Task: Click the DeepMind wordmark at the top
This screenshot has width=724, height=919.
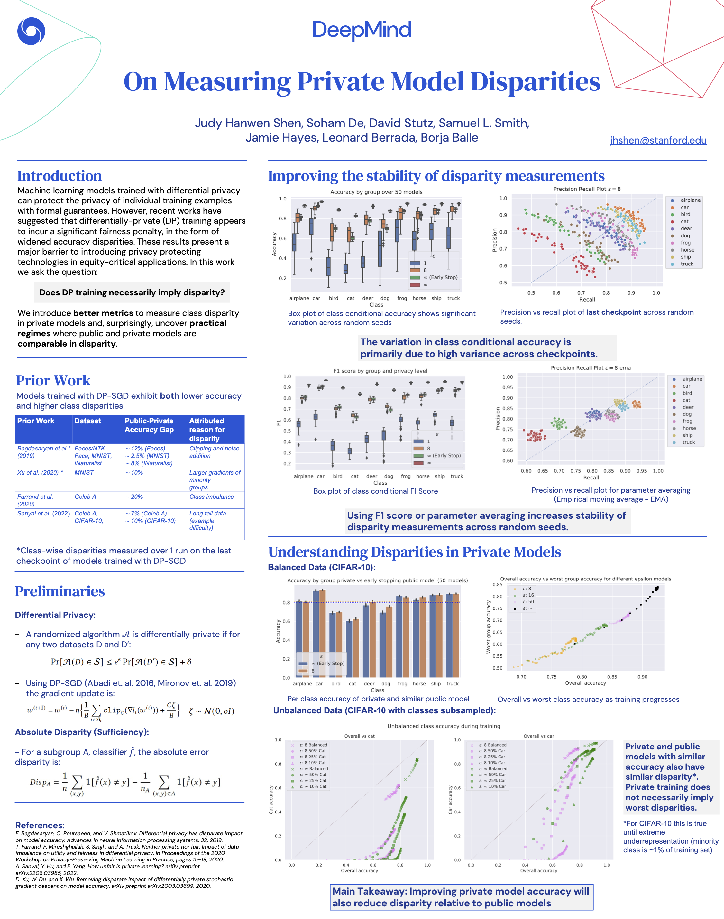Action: (x=362, y=30)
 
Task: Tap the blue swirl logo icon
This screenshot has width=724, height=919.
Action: (x=31, y=31)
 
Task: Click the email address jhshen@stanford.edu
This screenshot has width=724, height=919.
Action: (x=658, y=140)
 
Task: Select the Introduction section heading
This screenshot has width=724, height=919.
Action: (x=60, y=176)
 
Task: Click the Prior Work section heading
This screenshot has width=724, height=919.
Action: (x=53, y=380)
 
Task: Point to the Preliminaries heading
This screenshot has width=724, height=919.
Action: (x=60, y=591)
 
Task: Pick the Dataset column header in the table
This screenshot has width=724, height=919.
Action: (x=88, y=421)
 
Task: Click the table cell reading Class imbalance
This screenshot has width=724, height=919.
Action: (x=212, y=497)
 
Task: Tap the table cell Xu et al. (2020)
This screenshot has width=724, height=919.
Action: (x=40, y=472)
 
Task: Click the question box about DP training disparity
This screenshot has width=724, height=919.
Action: (x=132, y=292)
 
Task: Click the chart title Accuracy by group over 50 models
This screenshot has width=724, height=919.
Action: (x=376, y=192)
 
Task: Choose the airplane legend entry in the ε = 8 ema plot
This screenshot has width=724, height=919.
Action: (x=692, y=379)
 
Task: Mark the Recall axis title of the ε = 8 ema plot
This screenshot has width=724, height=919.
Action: (x=591, y=478)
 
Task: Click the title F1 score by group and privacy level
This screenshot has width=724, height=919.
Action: (x=380, y=371)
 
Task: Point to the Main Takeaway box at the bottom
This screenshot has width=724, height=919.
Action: (x=461, y=897)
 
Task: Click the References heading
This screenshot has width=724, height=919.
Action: (x=40, y=825)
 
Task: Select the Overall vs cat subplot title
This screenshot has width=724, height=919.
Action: (x=360, y=736)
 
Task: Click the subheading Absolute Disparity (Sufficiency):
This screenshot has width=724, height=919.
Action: (x=82, y=732)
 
